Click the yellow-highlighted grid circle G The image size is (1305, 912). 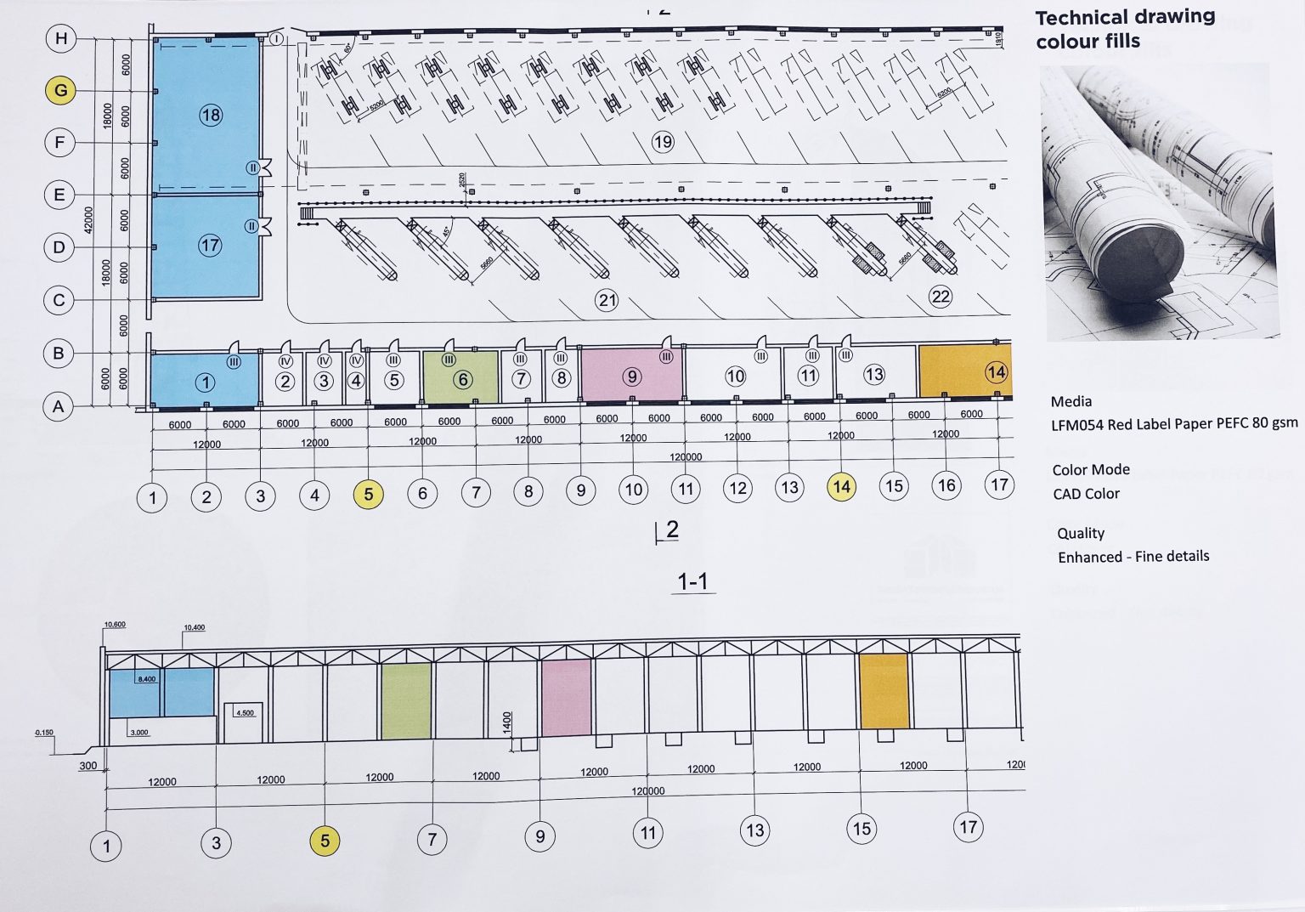tap(60, 90)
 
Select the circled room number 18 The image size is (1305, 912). tap(211, 115)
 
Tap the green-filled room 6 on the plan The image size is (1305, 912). tap(460, 378)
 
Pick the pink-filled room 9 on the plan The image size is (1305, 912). tap(631, 376)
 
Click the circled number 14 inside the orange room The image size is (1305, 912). tap(996, 372)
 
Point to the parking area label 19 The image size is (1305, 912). tap(663, 142)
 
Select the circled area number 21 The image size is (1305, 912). tap(607, 300)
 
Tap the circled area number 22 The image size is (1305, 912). tap(941, 297)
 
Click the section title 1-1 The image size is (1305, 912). tap(692, 582)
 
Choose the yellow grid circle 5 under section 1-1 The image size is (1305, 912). tap(325, 841)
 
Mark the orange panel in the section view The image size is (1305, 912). tap(884, 691)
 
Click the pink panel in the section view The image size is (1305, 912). tap(566, 698)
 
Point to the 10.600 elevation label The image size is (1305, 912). tap(115, 625)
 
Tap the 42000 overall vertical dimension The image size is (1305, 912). tap(88, 222)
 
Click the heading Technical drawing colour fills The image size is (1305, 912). tap(1124, 29)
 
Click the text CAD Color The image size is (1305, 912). tap(1086, 494)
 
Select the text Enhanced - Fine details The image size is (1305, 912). tap(1133, 557)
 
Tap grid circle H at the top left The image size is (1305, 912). tap(61, 38)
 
